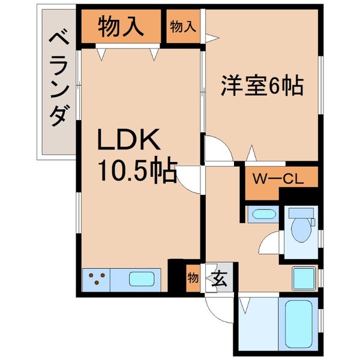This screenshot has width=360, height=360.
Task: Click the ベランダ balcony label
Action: [57, 81]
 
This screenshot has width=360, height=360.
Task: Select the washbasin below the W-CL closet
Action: [261, 215]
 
